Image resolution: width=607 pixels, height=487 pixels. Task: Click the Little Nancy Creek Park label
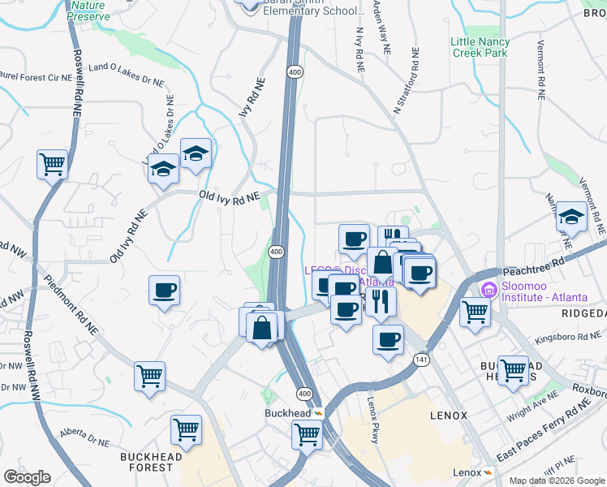tap(480, 47)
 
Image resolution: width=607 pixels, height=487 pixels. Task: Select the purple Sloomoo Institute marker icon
tap(489, 289)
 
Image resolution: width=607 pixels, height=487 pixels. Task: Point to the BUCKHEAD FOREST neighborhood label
tap(151, 462)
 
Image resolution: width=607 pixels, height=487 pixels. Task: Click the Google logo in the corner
tap(27, 477)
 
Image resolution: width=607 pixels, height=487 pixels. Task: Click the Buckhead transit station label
tap(288, 413)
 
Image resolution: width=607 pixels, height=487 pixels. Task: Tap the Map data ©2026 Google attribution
tap(556, 481)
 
